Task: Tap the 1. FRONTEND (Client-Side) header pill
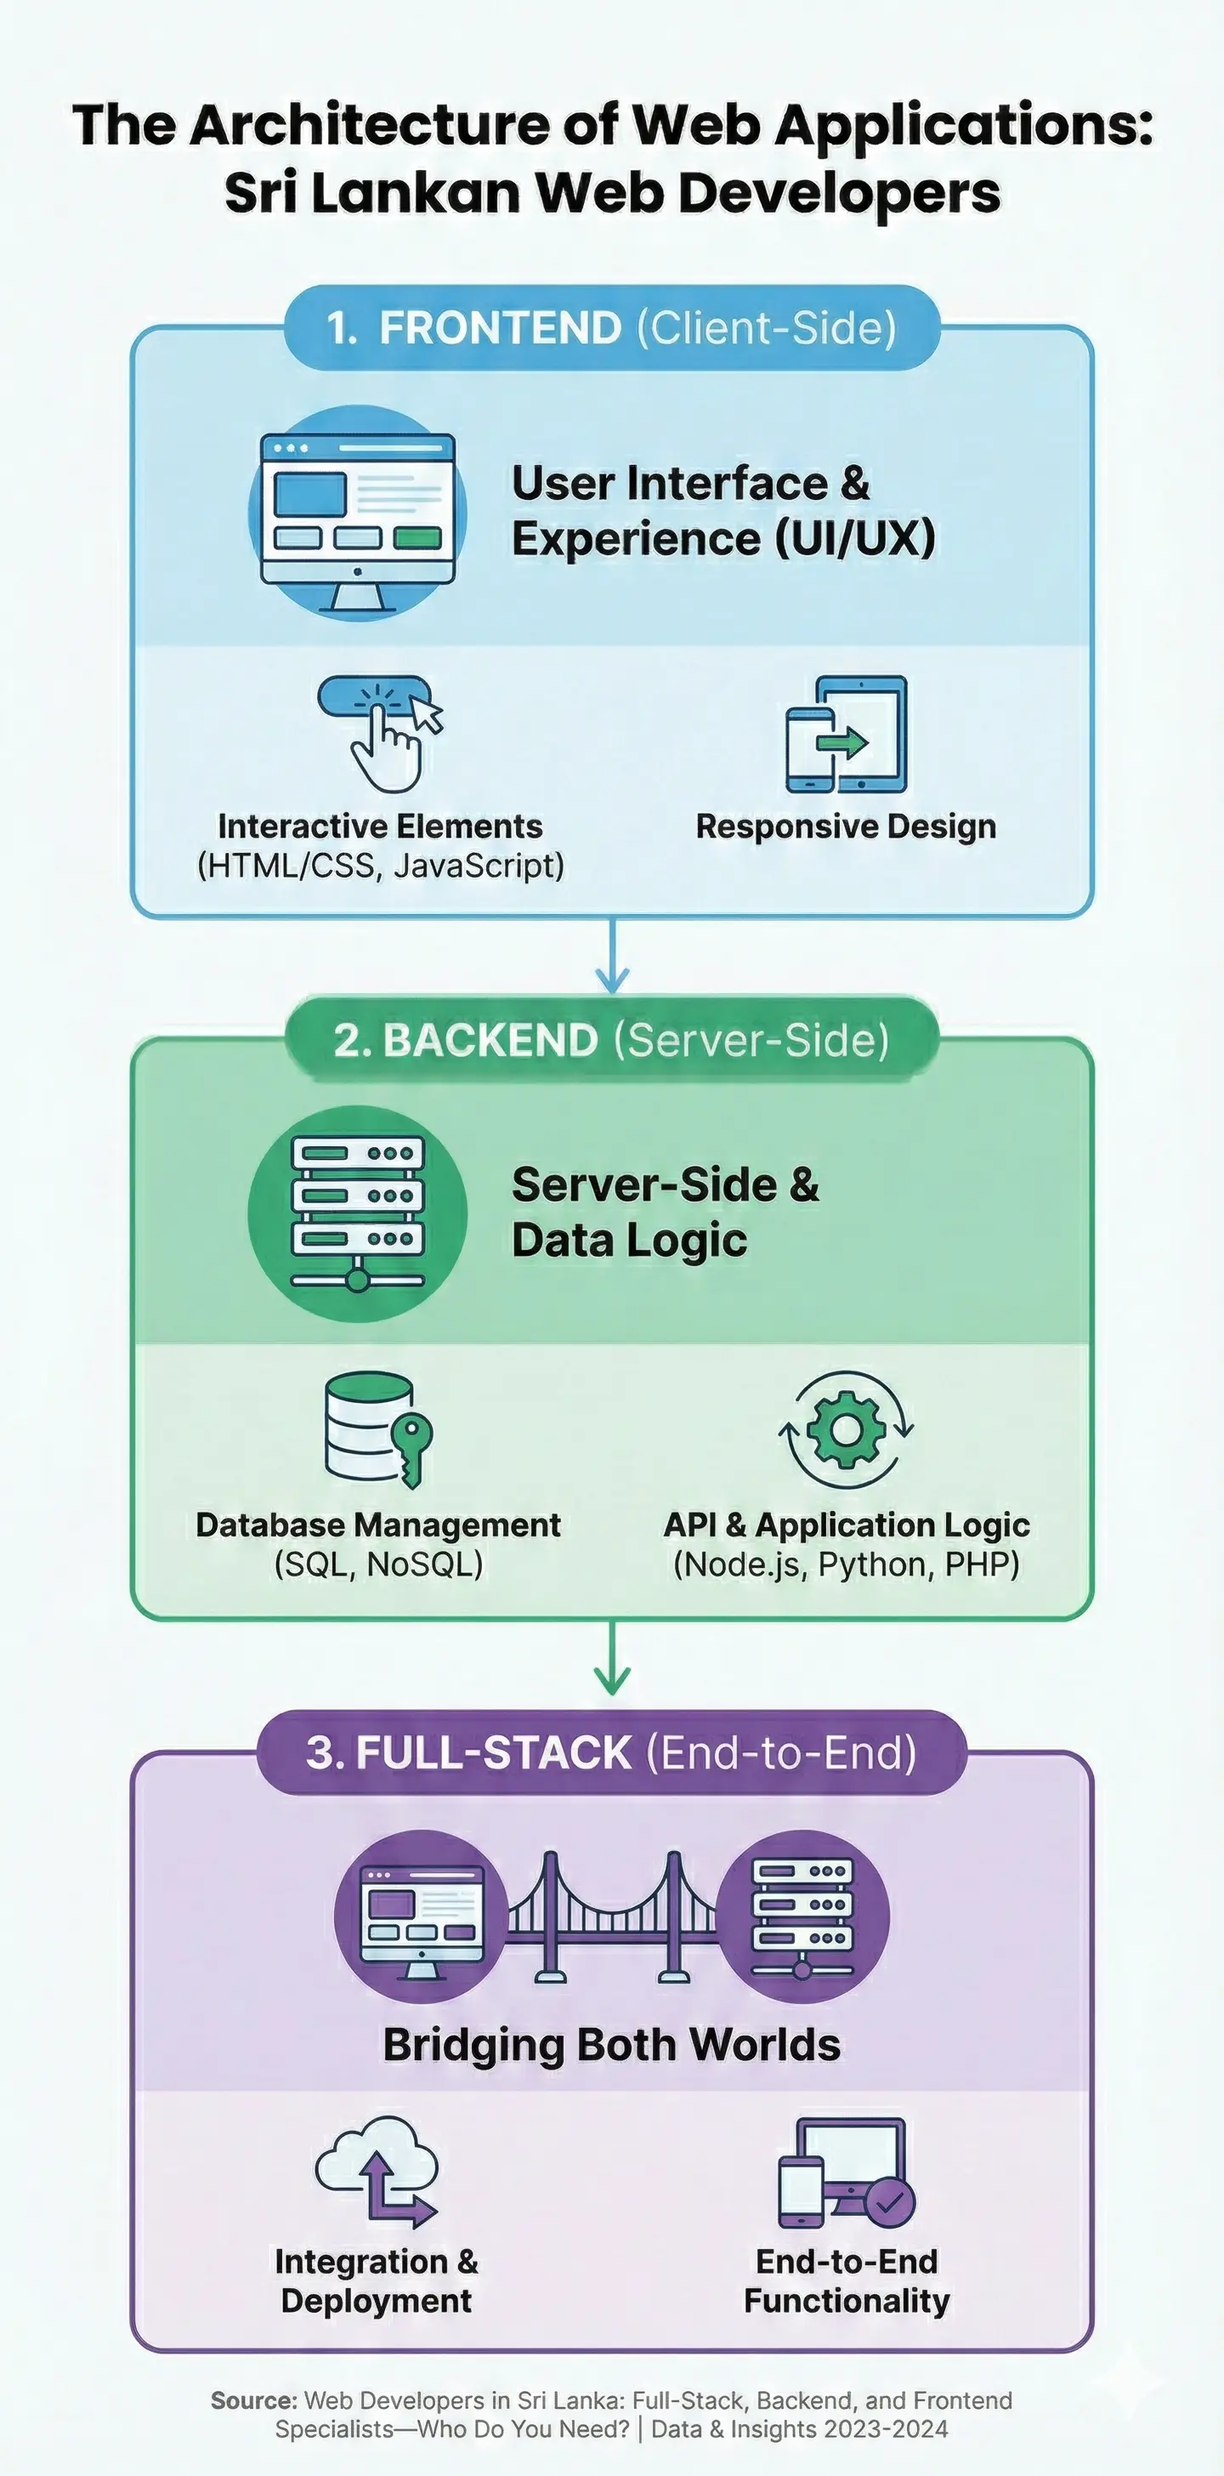click(x=611, y=327)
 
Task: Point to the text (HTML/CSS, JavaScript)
click(x=381, y=866)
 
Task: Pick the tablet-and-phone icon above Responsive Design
click(x=847, y=735)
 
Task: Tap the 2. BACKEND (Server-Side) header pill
click(x=611, y=1040)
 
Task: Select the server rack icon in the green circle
click(x=357, y=1213)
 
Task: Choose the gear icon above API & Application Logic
click(x=846, y=1429)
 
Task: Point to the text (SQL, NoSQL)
click(x=378, y=1564)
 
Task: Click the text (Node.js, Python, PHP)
click(x=846, y=1564)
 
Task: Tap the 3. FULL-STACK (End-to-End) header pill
click(x=611, y=1752)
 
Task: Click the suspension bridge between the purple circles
click(x=612, y=1917)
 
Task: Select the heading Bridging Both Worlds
click(x=611, y=2044)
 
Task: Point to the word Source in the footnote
click(x=252, y=2400)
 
